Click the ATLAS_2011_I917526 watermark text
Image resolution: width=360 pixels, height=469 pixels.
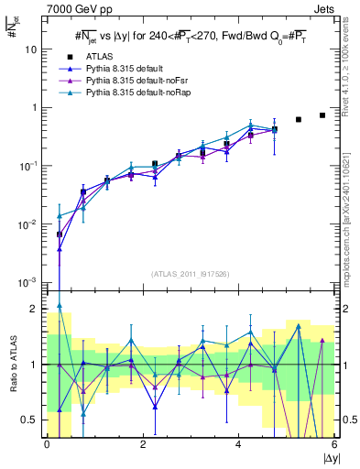(191, 274)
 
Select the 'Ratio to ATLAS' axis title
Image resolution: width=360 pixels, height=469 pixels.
(13, 364)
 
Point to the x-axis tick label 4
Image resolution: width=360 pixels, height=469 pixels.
(239, 445)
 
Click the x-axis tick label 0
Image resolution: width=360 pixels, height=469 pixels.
(47, 445)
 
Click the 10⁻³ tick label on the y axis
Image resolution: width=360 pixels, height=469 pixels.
(27, 282)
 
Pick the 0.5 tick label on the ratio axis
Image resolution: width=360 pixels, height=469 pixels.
(29, 420)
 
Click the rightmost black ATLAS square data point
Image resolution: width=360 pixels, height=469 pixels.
(322, 115)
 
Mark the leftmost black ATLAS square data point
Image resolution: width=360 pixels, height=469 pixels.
(60, 234)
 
